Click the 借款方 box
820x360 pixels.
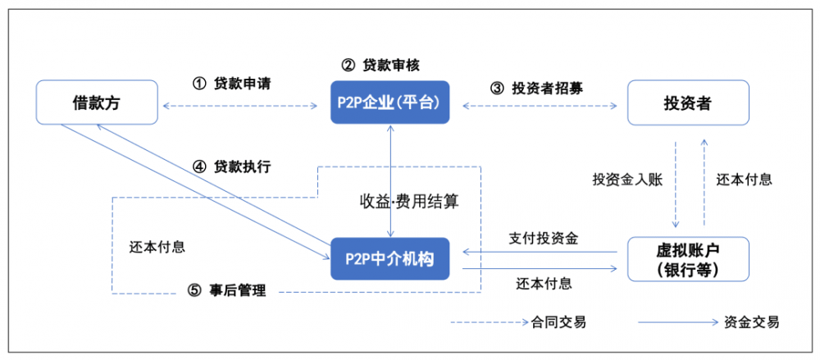(x=98, y=103)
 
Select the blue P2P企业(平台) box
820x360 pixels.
(x=389, y=103)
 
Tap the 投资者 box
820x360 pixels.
(x=687, y=103)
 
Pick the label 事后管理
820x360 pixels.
(x=239, y=291)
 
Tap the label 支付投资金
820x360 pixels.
(x=543, y=239)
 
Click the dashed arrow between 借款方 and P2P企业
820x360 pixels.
(x=241, y=106)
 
